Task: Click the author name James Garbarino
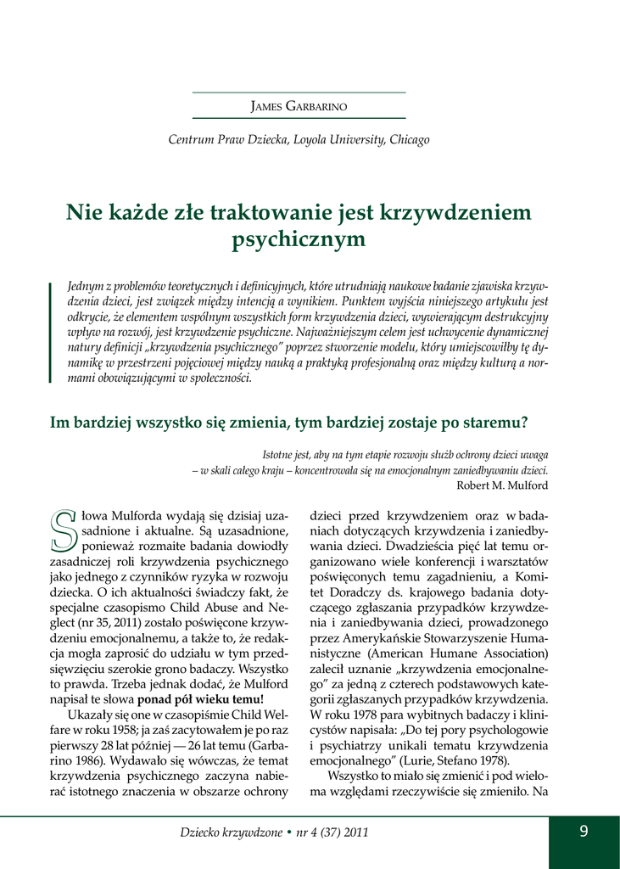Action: coord(299,106)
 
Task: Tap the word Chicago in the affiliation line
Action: coord(409,139)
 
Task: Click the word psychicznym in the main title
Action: coord(299,240)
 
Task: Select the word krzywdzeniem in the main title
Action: coord(459,210)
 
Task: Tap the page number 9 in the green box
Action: coord(584,832)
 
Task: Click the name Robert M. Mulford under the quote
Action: coord(502,485)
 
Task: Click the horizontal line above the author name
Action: coord(299,92)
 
